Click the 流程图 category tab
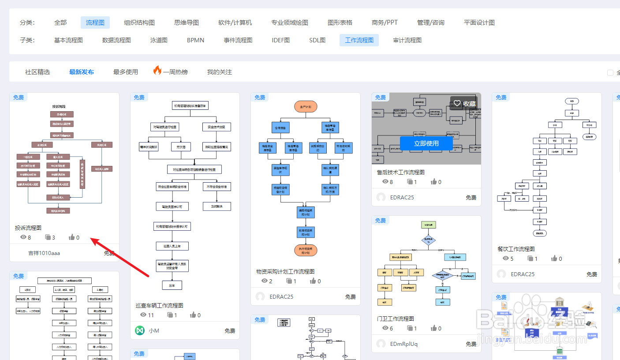pyautogui.click(x=95, y=22)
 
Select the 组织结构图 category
pyautogui.click(x=139, y=22)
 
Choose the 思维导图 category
pyautogui.click(x=187, y=22)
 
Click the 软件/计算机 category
pyautogui.click(x=235, y=22)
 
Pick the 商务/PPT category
pyautogui.click(x=385, y=22)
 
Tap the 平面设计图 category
pyautogui.click(x=479, y=22)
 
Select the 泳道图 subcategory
pyautogui.click(x=159, y=40)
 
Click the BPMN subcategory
pyautogui.click(x=195, y=40)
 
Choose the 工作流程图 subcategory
pyautogui.click(x=359, y=40)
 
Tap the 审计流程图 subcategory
pyautogui.click(x=407, y=40)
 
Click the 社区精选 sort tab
pyautogui.click(x=37, y=72)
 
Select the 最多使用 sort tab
pyautogui.click(x=126, y=72)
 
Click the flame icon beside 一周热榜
pyautogui.click(x=157, y=71)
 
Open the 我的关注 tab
pyautogui.click(x=220, y=72)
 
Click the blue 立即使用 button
pyautogui.click(x=426, y=143)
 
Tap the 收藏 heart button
pyautogui.click(x=464, y=104)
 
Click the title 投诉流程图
pyautogui.click(x=28, y=228)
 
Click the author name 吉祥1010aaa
pyautogui.click(x=44, y=253)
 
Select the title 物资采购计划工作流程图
pyautogui.click(x=285, y=271)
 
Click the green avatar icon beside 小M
pyautogui.click(x=140, y=330)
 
